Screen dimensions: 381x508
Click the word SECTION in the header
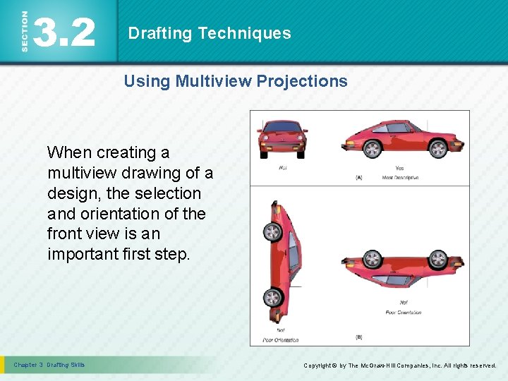[x=25, y=31]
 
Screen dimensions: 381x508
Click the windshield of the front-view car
[x=282, y=128]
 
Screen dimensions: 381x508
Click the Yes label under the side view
[x=400, y=169]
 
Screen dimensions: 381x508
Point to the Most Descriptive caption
[x=400, y=177]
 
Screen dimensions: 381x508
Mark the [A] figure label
[x=359, y=178]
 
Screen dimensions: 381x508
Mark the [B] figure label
[x=359, y=337]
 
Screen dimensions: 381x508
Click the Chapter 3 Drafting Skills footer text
[x=49, y=365]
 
